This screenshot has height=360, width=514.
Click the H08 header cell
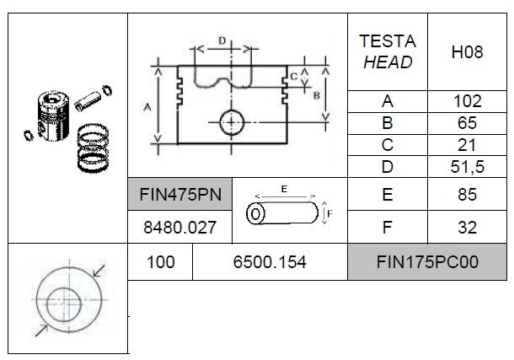(467, 52)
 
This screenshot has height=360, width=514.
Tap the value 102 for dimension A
(467, 101)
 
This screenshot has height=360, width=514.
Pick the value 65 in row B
(467, 123)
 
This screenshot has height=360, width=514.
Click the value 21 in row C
(467, 145)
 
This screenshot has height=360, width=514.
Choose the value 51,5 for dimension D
(467, 167)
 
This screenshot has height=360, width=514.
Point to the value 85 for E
(467, 195)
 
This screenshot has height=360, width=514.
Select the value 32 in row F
(467, 227)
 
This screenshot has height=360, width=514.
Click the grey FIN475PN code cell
(179, 195)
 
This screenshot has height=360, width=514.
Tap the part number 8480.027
(179, 227)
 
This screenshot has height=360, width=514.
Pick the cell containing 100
(160, 262)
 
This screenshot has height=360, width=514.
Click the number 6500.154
(270, 262)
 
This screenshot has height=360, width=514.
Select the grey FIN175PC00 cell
(427, 262)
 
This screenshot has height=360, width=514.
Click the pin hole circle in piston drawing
(231, 123)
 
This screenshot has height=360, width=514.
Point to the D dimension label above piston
(221, 40)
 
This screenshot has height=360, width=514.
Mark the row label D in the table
(387, 167)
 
